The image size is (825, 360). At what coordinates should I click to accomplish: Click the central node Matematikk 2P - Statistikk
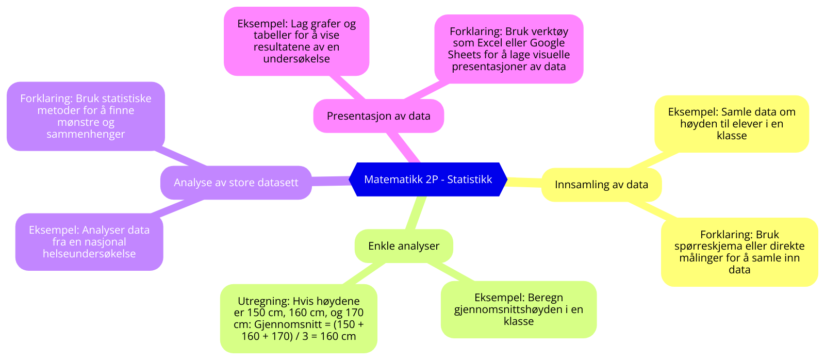coord(428,179)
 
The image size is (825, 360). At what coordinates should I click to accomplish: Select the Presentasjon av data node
coord(378,116)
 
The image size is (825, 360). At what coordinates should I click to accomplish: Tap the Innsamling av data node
coord(601,185)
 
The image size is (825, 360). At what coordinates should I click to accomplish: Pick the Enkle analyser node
coord(404,246)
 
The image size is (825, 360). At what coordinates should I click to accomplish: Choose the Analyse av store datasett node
coord(236,183)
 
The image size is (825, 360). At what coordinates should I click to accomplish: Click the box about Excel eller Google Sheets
coord(508,49)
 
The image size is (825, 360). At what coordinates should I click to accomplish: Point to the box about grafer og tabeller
coord(296,41)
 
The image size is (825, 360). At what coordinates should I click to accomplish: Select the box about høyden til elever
coord(731,124)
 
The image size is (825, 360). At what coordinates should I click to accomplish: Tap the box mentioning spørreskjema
coord(739,252)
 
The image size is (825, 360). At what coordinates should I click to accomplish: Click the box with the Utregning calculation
coord(299,319)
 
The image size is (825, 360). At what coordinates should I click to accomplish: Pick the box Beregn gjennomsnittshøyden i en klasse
coord(518,309)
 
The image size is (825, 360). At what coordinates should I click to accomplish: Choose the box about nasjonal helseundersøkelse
coord(89,242)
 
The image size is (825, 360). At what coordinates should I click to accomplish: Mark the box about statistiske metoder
coord(86,116)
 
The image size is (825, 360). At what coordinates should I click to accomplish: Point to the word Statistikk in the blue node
coord(469,179)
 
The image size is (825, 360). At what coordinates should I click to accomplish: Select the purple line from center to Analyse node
coord(330,181)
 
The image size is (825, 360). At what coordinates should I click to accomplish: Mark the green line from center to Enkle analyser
coord(416,212)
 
